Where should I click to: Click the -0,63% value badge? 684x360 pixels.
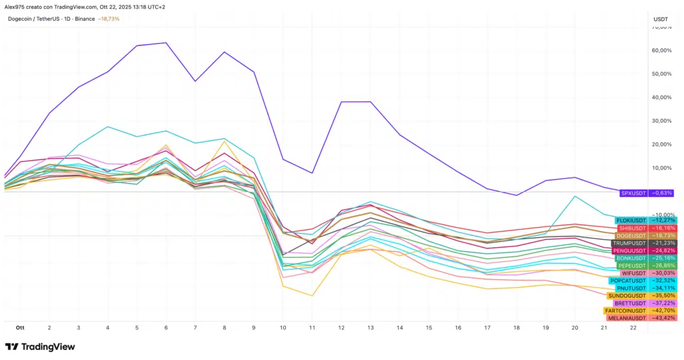[x=663, y=192]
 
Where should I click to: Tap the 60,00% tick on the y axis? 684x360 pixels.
[x=661, y=51]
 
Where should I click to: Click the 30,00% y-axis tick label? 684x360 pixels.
[x=661, y=121]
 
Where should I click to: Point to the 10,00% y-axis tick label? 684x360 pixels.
[x=661, y=168]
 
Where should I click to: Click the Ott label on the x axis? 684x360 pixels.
[x=20, y=329]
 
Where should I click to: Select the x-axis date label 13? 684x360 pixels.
[x=370, y=329]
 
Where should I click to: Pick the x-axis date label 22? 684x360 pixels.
[x=633, y=329]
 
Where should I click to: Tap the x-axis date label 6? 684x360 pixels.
[x=166, y=329]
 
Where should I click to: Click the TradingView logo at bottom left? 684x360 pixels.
[x=40, y=347]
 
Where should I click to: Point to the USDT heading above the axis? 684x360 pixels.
[x=660, y=19]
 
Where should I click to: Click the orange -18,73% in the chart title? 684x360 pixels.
[x=109, y=19]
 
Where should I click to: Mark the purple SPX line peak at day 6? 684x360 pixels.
[x=166, y=43]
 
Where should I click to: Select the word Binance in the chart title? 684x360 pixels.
[x=85, y=19]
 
